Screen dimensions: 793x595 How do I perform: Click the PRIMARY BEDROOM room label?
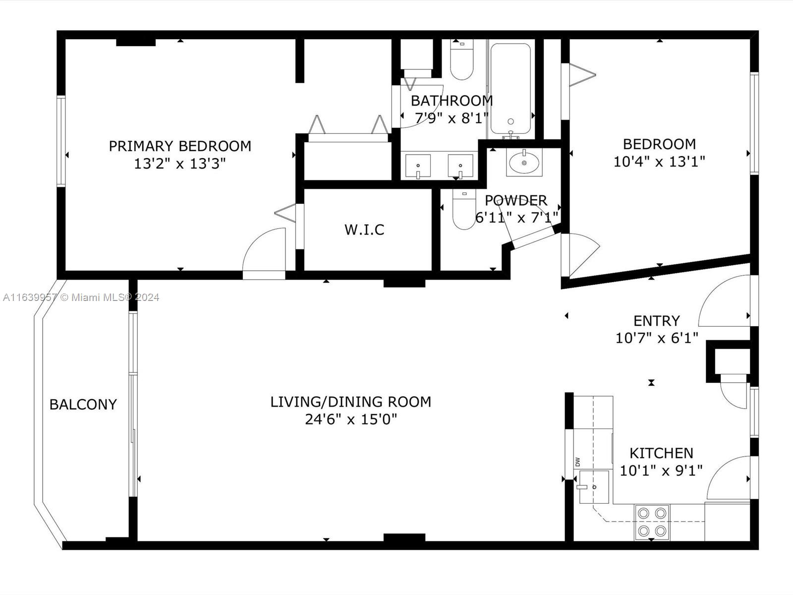(180, 146)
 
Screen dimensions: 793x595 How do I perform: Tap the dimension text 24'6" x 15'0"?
(351, 419)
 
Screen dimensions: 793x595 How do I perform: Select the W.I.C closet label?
(364, 230)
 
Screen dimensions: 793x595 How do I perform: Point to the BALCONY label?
(83, 404)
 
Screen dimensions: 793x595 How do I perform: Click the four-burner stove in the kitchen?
(652, 523)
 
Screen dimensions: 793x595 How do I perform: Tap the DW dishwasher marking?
(577, 462)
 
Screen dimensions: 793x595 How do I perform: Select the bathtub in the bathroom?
(510, 89)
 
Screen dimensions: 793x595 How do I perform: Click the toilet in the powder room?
(464, 210)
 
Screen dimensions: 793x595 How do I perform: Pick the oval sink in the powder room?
(524, 162)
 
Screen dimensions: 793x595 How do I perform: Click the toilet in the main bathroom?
(462, 59)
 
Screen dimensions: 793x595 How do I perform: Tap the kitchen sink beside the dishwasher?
(594, 486)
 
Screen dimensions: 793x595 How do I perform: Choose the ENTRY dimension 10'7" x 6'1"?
(656, 338)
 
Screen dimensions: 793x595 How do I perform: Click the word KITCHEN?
(661, 453)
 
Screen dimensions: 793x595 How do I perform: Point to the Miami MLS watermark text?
(81, 297)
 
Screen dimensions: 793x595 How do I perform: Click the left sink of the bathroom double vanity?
(418, 166)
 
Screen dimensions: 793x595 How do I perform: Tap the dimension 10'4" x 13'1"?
(659, 162)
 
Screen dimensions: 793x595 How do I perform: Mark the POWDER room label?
(515, 200)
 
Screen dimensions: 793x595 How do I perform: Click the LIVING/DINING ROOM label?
(351, 402)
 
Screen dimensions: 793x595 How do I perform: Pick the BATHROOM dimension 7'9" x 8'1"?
(452, 118)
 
